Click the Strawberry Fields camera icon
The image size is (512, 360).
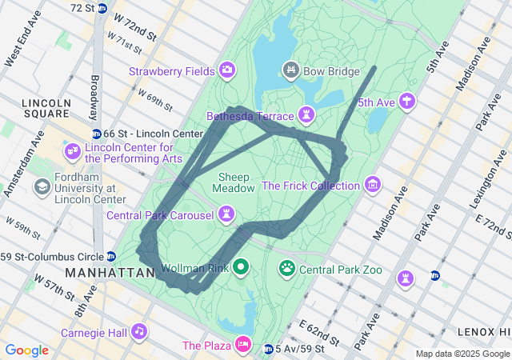tap(227, 71)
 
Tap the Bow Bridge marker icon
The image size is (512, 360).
tap(291, 71)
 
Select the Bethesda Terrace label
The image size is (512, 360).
tap(250, 117)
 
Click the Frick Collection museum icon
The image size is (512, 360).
tap(372, 186)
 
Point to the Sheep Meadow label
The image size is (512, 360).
tap(234, 182)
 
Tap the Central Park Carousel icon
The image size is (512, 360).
tap(228, 214)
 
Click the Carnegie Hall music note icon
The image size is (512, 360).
tap(139, 330)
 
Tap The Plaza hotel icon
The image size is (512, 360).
tap(242, 346)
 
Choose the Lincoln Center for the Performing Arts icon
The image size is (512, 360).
tap(73, 151)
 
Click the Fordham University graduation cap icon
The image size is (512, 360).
tap(41, 186)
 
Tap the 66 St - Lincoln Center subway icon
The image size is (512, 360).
tap(96, 133)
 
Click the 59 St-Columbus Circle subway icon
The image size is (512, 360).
tap(110, 257)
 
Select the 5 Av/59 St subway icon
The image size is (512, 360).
tap(270, 349)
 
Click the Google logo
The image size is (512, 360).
tap(27, 350)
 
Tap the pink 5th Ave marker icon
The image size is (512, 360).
tap(408, 102)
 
